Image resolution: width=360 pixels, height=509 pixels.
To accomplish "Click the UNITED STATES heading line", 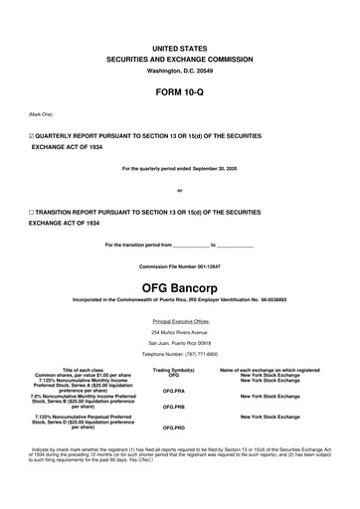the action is coord(179,48).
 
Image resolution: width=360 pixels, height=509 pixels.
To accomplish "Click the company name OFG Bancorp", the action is coord(179,285).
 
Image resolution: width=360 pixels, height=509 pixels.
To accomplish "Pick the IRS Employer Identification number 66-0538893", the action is coord(269,299).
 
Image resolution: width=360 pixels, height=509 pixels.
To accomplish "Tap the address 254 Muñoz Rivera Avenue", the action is coord(179,333).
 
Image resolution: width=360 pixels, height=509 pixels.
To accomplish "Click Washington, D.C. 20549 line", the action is coord(179,73).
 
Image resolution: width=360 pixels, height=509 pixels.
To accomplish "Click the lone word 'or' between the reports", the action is coord(179,191).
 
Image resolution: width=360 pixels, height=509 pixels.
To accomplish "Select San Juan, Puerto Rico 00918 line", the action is coord(179,344).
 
